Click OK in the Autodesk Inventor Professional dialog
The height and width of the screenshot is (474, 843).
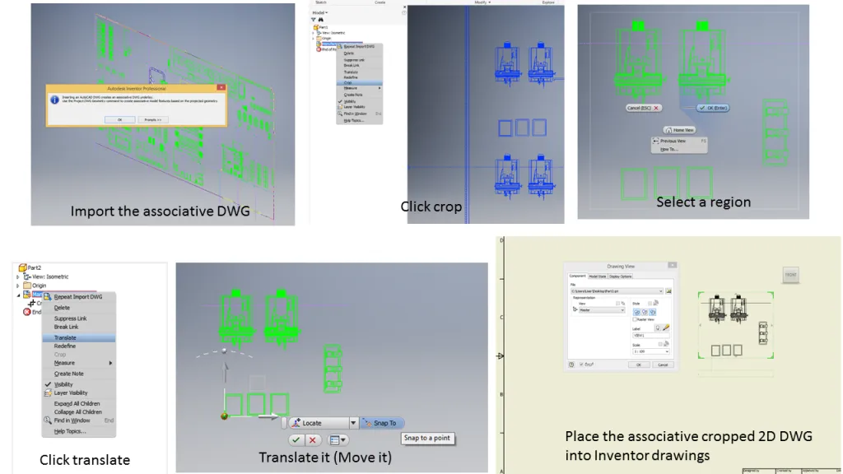[x=119, y=119]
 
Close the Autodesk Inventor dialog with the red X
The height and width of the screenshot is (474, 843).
[x=220, y=87]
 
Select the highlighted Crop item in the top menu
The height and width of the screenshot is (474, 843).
[x=349, y=82]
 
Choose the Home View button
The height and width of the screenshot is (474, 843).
[x=679, y=130]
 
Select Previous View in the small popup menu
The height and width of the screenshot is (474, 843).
[x=678, y=141]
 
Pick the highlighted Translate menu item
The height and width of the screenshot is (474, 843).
[x=66, y=337]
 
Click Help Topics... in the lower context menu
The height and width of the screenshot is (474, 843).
[x=70, y=431]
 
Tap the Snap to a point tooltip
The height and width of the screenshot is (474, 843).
[x=427, y=438]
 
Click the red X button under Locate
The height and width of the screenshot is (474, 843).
[x=313, y=440]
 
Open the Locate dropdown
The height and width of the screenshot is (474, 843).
[x=354, y=423]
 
